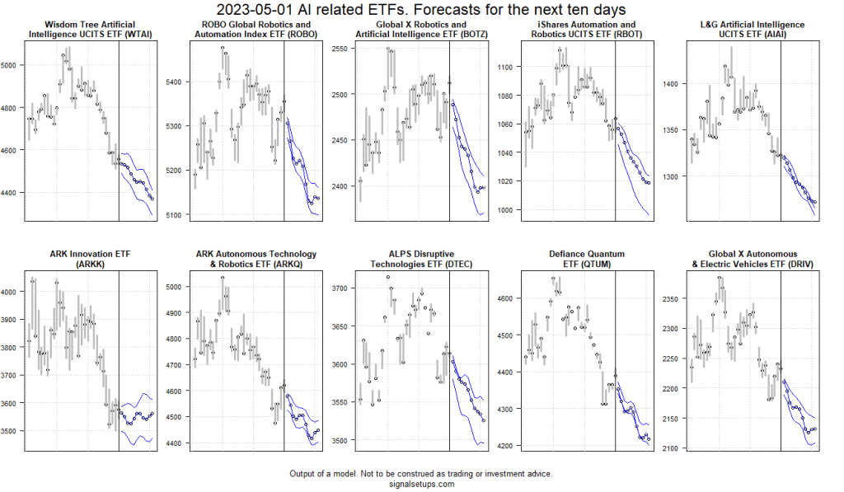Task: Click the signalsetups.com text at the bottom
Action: [x=421, y=485]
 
